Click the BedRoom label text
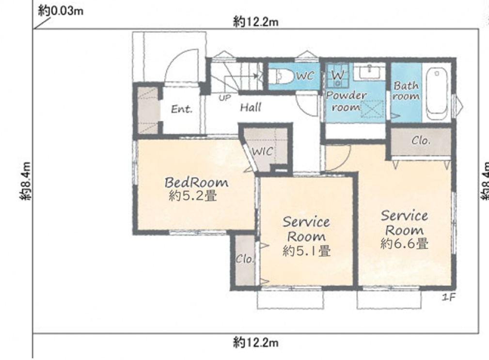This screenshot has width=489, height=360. (196, 182)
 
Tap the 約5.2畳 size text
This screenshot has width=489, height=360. (193, 196)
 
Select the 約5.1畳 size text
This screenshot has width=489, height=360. (307, 250)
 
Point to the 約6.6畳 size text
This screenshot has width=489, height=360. (404, 243)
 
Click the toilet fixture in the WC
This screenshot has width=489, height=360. (281, 76)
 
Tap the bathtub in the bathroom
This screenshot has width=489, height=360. (437, 94)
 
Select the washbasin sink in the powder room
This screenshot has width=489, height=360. (369, 72)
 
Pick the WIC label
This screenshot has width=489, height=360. (262, 152)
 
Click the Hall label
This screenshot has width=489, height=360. (251, 108)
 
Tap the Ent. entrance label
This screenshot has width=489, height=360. (182, 109)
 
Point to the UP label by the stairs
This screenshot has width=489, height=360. (224, 98)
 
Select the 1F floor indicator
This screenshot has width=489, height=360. (449, 297)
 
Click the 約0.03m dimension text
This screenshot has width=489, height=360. (61, 11)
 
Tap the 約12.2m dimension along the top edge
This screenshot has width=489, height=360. (256, 22)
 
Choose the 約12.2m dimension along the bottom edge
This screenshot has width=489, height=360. (256, 343)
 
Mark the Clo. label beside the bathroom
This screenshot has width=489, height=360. (421, 141)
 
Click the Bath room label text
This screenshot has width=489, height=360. (406, 91)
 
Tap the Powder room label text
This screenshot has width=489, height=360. (346, 102)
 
